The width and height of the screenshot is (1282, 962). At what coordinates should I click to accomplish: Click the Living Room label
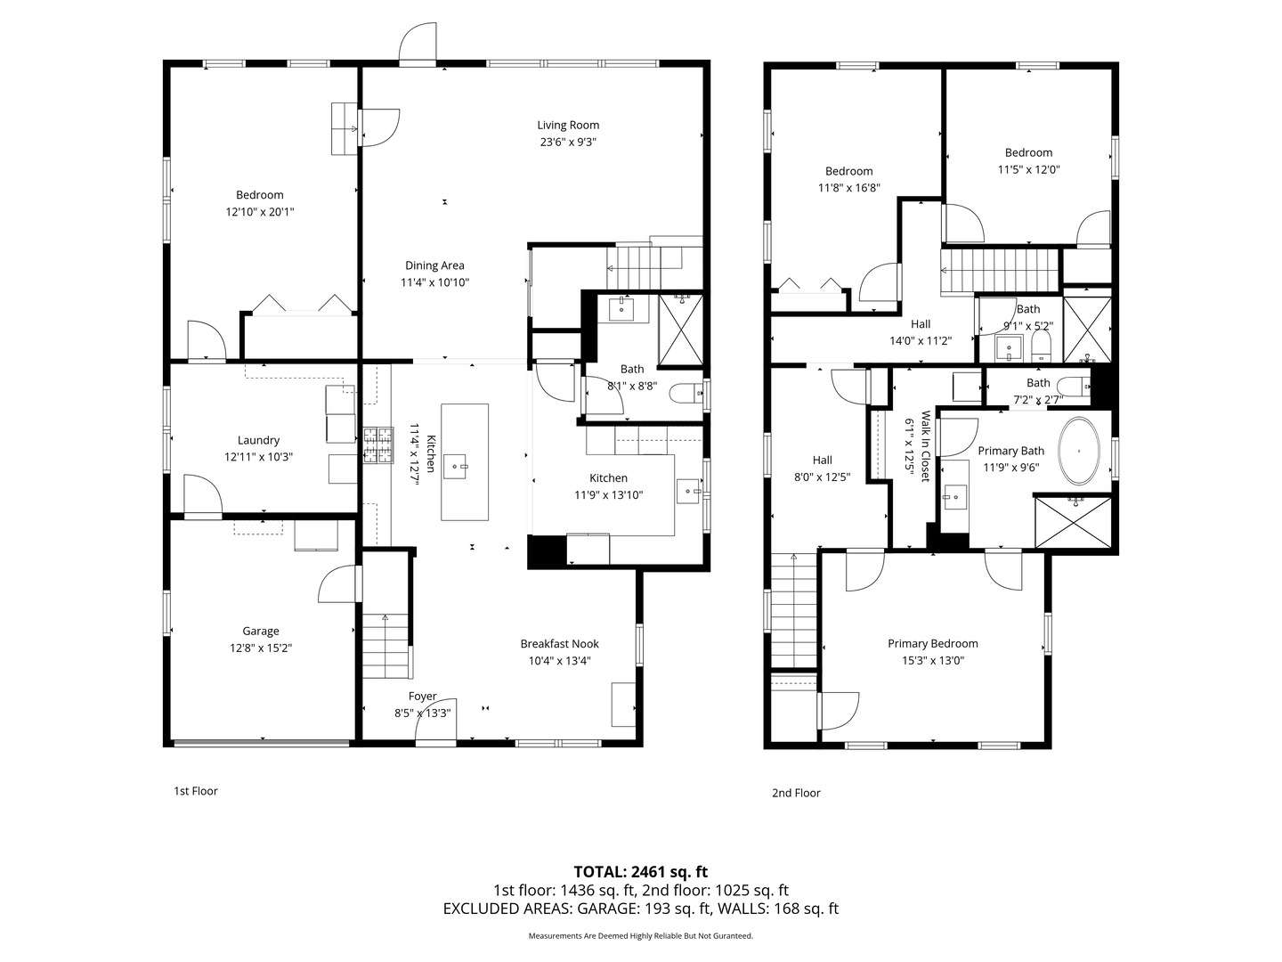click(x=568, y=126)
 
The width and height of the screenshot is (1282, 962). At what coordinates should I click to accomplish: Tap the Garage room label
click(x=261, y=632)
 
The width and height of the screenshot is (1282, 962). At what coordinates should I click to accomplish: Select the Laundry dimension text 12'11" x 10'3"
click(x=259, y=457)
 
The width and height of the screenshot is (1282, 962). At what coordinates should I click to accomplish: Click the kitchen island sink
click(x=459, y=465)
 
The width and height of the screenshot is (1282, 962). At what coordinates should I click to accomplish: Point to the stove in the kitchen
click(x=377, y=445)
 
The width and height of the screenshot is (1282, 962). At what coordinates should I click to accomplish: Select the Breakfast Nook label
click(x=559, y=644)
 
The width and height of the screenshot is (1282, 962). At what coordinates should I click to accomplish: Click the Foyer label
click(x=423, y=697)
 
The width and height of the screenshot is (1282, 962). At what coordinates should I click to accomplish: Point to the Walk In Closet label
click(x=925, y=445)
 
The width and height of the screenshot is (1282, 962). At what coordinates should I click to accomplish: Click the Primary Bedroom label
click(x=932, y=644)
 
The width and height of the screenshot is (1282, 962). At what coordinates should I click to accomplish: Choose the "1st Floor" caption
click(x=195, y=791)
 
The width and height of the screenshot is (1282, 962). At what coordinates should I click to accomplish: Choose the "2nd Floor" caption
click(x=796, y=793)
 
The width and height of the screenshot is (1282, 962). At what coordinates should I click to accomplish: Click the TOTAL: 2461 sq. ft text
click(x=640, y=872)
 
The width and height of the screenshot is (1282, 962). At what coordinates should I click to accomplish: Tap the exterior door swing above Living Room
click(x=418, y=45)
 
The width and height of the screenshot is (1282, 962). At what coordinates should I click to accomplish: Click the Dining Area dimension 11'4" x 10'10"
click(x=434, y=282)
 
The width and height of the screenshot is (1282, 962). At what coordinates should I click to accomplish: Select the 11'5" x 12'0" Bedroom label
click(x=1028, y=153)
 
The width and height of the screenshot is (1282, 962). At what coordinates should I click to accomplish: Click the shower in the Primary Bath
click(x=1073, y=523)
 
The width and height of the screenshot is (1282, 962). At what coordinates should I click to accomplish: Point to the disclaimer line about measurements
click(x=640, y=936)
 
